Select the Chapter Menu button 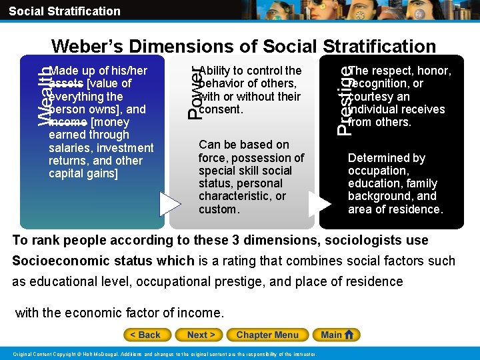267,335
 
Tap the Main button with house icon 339,335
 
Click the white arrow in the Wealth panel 170,204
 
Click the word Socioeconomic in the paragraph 57,261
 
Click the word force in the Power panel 213,158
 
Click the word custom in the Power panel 218,209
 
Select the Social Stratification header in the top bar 65,11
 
